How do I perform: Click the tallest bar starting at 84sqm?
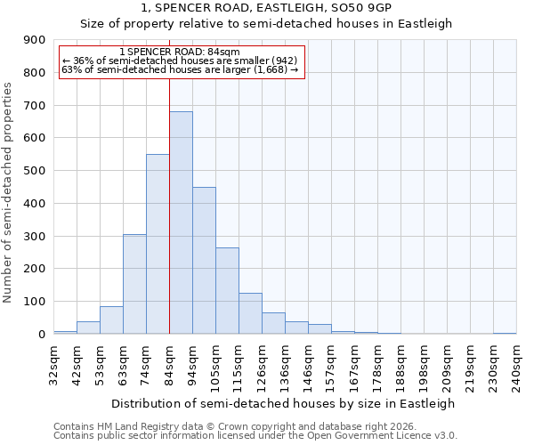click(181, 222)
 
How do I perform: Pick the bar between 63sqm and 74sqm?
click(134, 284)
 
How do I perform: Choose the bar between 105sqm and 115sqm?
click(227, 291)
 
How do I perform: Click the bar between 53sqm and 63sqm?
click(111, 320)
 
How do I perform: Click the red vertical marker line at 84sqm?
click(169, 178)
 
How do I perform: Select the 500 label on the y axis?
click(35, 171)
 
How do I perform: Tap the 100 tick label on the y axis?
click(35, 302)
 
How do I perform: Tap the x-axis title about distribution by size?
click(284, 403)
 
